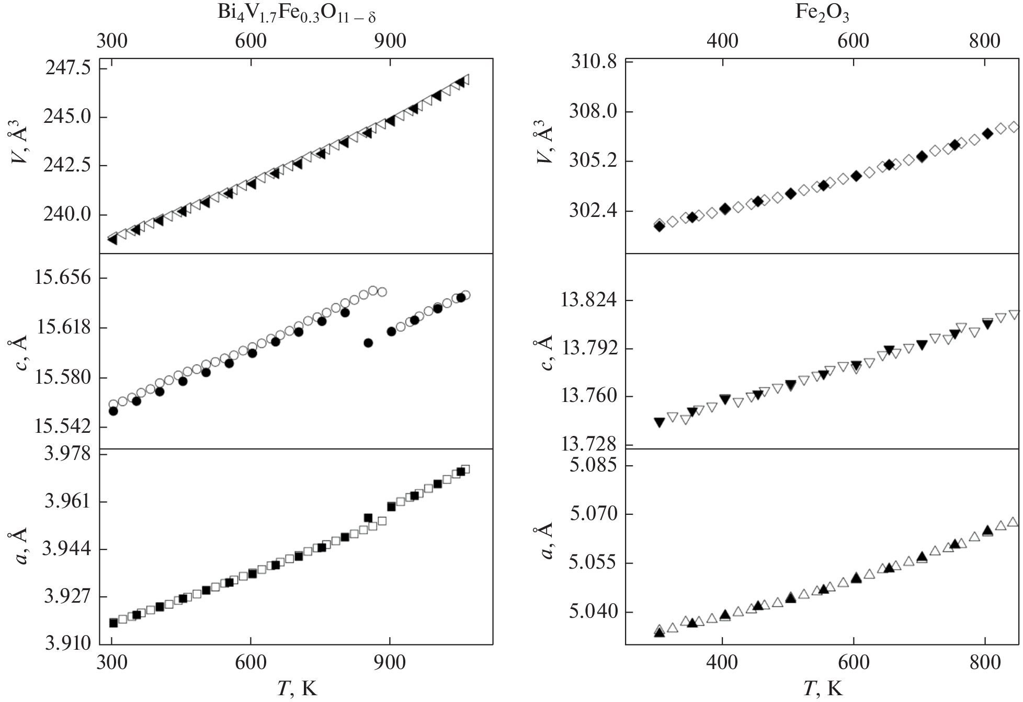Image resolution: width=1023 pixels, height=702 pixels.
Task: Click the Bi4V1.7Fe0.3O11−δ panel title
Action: click(x=297, y=15)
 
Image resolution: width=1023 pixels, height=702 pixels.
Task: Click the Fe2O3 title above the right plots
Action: click(x=822, y=14)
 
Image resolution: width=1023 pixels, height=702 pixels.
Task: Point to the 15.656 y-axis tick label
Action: click(x=62, y=278)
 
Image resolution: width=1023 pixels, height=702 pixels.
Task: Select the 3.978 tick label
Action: click(x=67, y=454)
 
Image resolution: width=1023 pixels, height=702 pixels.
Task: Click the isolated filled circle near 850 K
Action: click(x=368, y=343)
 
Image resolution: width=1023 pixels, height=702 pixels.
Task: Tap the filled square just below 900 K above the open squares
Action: click(x=368, y=518)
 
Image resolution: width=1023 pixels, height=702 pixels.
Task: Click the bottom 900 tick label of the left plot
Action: click(x=390, y=663)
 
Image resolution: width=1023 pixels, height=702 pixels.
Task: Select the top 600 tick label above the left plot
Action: click(x=251, y=41)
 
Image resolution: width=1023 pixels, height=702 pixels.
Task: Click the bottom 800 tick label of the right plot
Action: click(x=984, y=663)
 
